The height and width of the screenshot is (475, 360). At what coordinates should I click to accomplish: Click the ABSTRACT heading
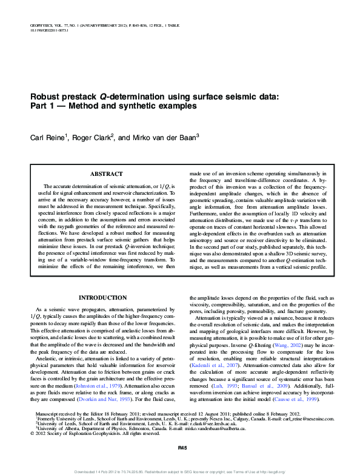[106, 174]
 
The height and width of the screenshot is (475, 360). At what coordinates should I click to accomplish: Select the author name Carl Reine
[48, 138]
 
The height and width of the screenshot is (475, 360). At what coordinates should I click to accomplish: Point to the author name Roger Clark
[92, 138]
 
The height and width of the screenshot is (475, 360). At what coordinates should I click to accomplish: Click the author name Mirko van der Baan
[162, 138]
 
